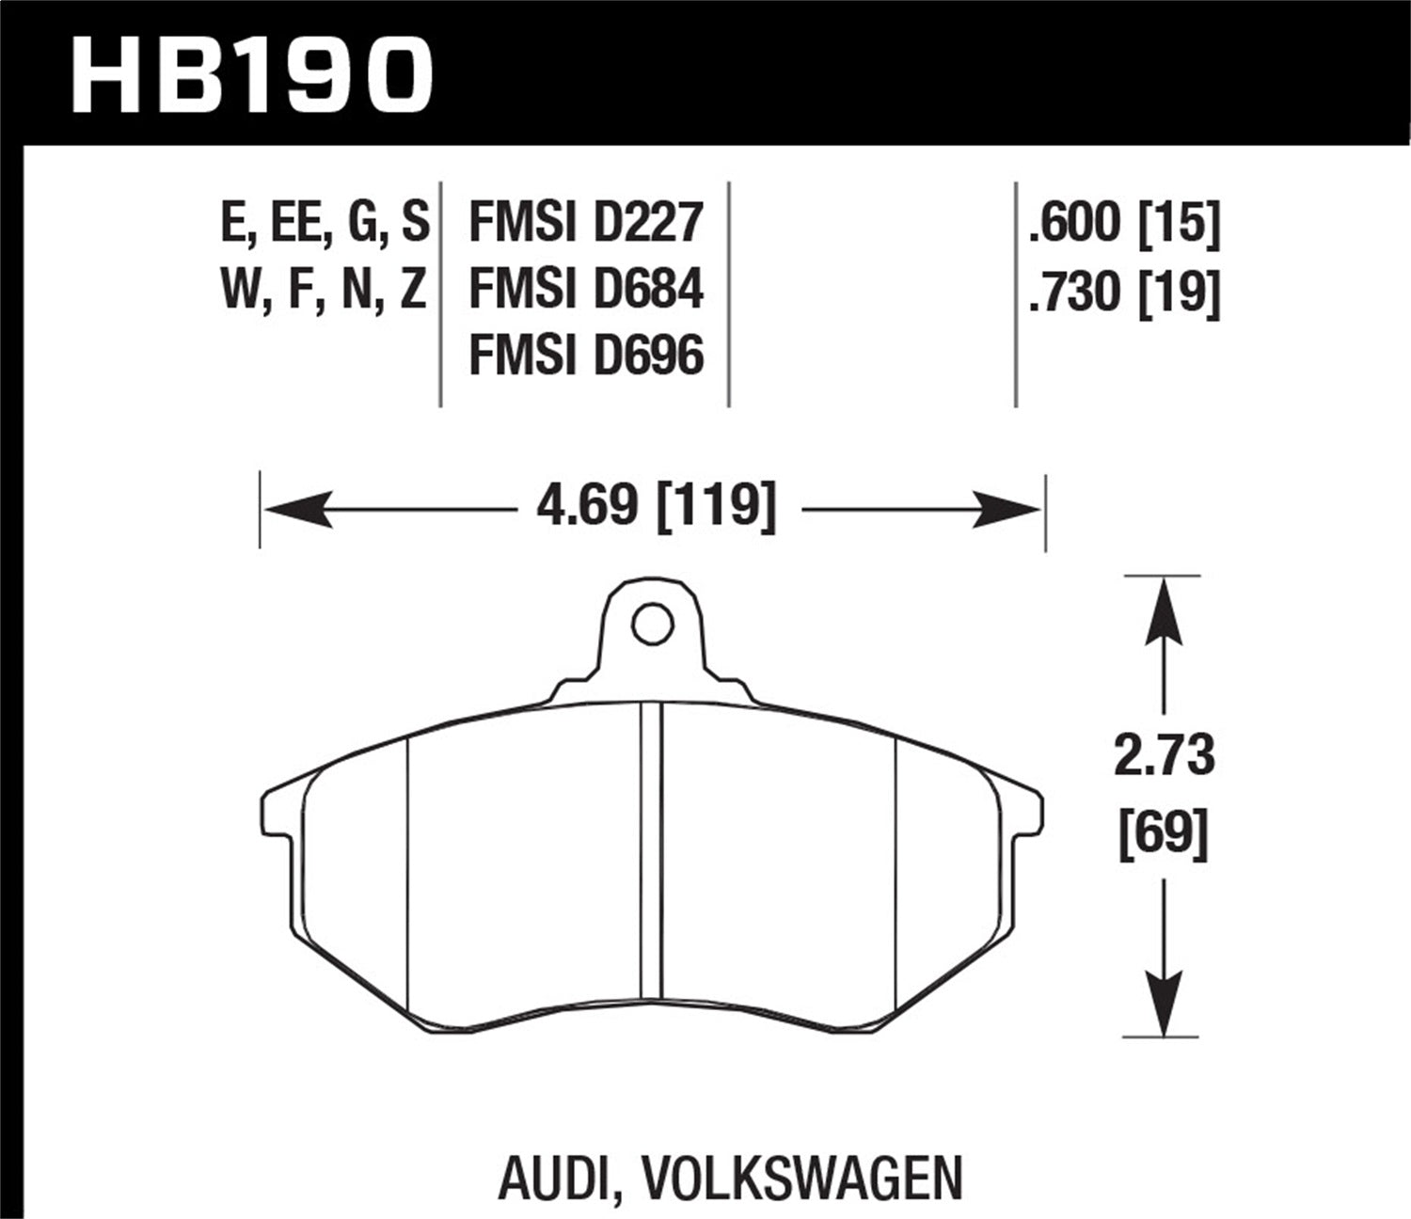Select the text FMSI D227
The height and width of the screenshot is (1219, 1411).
(585, 223)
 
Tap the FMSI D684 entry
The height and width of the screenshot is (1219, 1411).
(585, 290)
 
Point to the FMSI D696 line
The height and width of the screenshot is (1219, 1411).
(585, 356)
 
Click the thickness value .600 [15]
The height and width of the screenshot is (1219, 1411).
(1124, 223)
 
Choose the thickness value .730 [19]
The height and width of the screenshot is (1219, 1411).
(1124, 292)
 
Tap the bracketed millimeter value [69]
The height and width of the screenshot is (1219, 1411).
(1164, 831)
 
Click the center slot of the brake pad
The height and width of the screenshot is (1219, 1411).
(651, 851)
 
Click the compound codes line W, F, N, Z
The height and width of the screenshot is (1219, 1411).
(325, 290)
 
